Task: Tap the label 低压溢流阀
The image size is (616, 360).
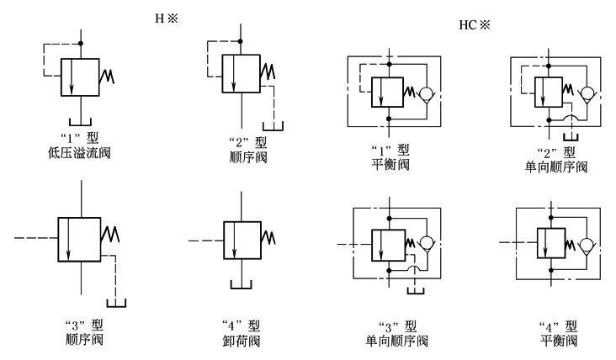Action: (79, 153)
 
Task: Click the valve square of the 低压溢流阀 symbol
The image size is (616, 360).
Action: (79, 78)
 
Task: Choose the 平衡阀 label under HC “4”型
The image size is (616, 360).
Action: (558, 341)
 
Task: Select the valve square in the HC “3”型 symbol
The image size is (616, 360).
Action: (389, 243)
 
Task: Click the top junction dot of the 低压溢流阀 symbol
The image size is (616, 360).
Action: (79, 43)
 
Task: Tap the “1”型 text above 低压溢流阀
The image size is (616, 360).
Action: (79, 139)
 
